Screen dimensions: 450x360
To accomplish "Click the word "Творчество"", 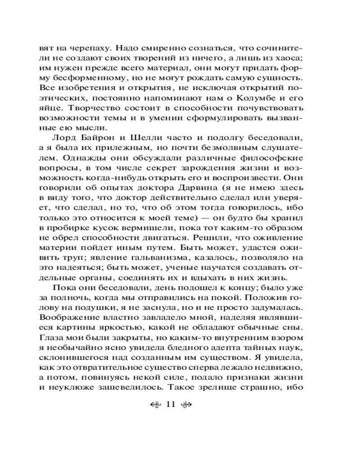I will click(110, 110).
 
